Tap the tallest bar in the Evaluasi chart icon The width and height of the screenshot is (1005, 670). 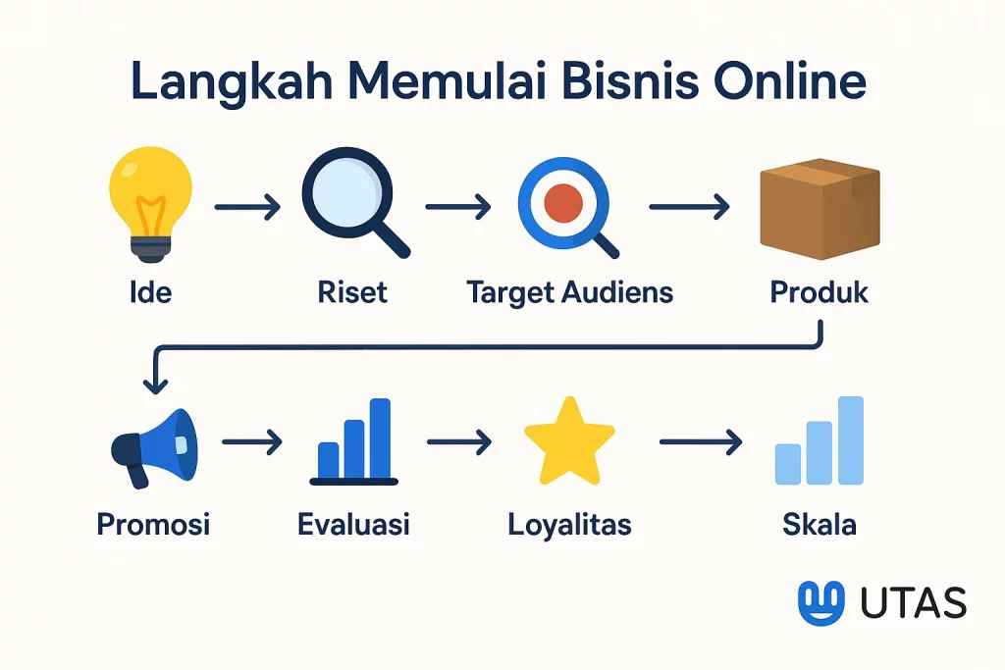coord(380,437)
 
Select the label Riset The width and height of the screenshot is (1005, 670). coord(352,292)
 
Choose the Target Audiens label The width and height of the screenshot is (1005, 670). coord(569,292)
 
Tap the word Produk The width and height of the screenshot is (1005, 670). coord(819,292)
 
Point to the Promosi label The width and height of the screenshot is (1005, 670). coord(153,524)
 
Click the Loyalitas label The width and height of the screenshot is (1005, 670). coord(569,524)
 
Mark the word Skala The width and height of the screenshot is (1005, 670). coord(819,524)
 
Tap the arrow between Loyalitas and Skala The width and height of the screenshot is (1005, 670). coord(700,443)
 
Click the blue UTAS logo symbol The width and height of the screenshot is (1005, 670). coord(820,602)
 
